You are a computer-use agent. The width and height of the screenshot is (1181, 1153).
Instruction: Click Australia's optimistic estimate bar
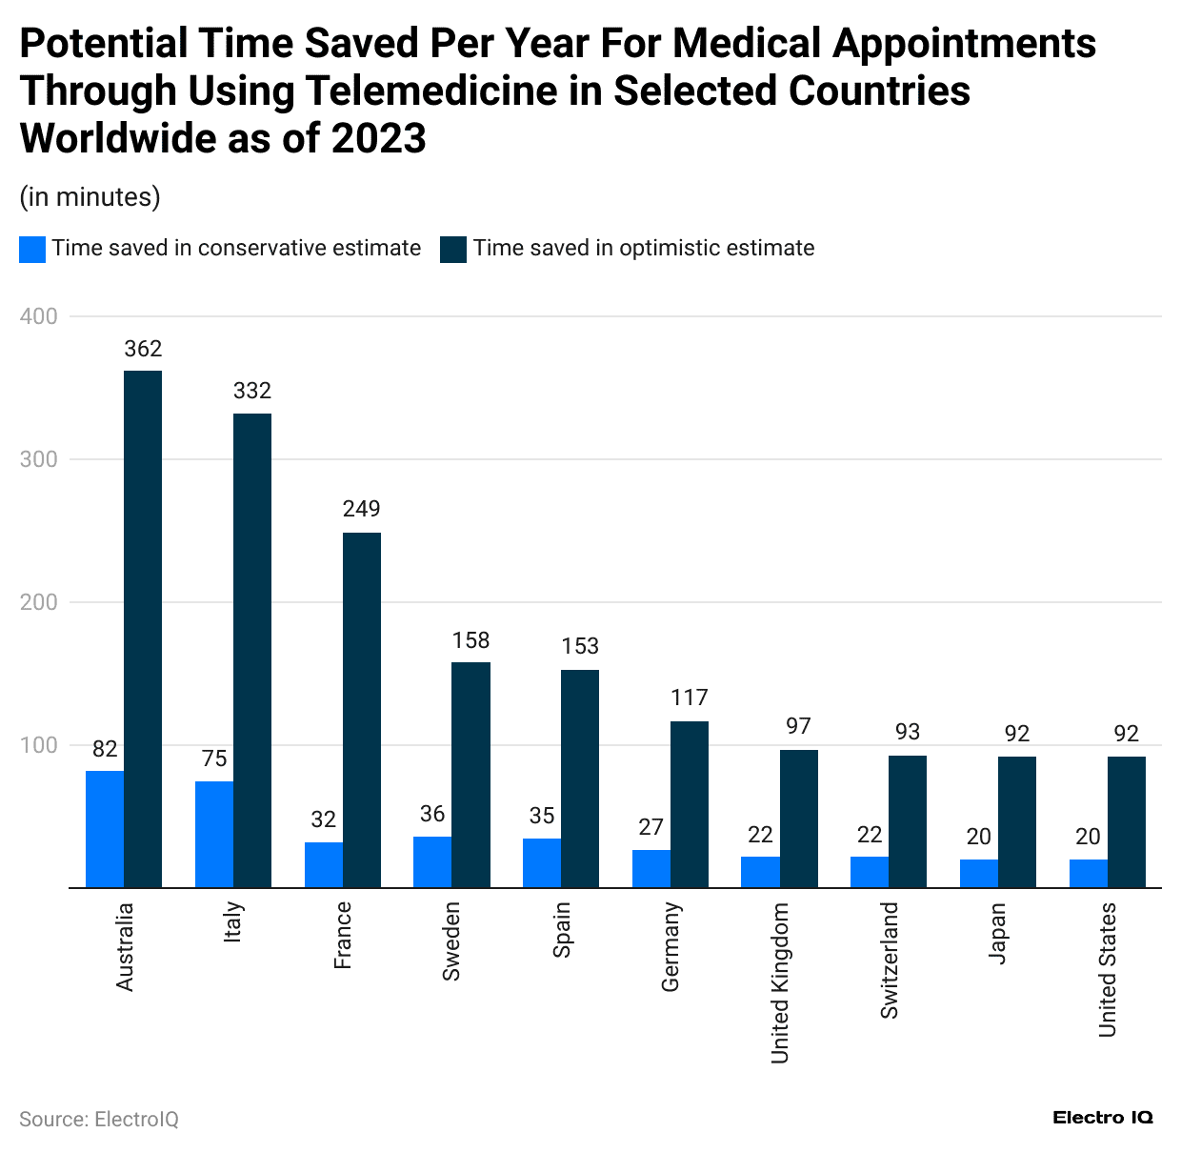(143, 629)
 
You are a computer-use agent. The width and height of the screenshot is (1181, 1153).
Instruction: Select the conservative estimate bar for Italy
(214, 835)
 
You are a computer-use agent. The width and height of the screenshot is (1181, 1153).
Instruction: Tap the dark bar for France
(362, 710)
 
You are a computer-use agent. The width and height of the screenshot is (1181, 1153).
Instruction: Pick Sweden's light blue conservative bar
(432, 862)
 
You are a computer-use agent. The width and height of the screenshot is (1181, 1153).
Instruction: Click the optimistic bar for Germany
(690, 804)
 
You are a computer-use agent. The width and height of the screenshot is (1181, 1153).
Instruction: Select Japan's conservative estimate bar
(979, 874)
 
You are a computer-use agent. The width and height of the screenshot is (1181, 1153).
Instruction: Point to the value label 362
(143, 349)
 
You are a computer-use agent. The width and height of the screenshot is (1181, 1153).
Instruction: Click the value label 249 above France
(362, 509)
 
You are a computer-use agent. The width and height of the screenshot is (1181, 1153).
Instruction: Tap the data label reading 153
(580, 646)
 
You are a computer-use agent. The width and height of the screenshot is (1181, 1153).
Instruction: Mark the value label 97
(798, 726)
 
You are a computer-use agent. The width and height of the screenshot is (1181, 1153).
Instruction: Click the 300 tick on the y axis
(39, 459)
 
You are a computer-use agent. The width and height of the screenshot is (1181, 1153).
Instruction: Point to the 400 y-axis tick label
(39, 316)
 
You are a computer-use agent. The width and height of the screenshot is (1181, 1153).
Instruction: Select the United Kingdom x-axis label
(780, 982)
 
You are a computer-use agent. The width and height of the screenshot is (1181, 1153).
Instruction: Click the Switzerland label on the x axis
(889, 961)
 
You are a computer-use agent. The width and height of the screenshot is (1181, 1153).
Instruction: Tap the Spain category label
(562, 930)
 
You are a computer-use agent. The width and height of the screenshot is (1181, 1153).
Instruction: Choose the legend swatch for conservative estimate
(32, 250)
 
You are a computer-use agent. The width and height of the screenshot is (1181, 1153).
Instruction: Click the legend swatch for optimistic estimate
(453, 250)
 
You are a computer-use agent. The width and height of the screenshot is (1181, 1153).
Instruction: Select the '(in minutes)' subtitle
(90, 197)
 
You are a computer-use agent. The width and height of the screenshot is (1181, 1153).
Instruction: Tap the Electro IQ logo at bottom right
(1103, 1118)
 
